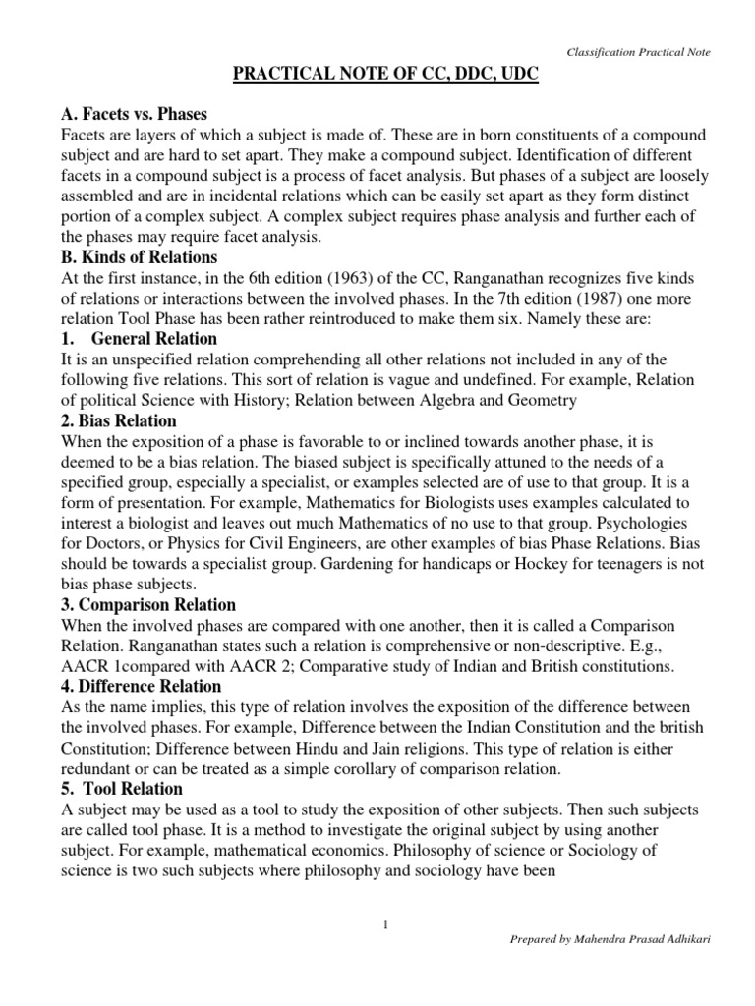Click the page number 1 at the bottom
point(386,922)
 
